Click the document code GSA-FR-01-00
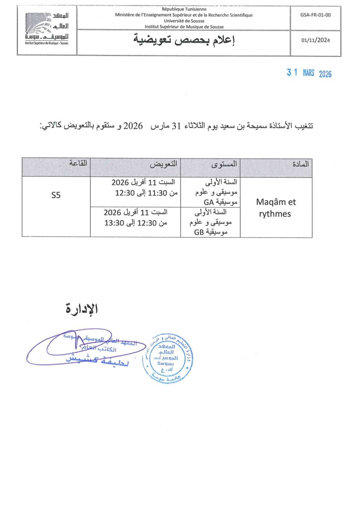[x=315, y=14]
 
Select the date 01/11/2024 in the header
[x=315, y=41]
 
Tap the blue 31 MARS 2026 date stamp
[x=309, y=73]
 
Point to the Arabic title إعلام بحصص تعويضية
[x=184, y=41]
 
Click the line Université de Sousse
[x=183, y=20]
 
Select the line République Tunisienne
[x=183, y=9]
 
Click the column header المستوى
[x=225, y=164]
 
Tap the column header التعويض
[x=163, y=164]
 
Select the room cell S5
[x=56, y=196]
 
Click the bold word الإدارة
[x=82, y=309]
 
